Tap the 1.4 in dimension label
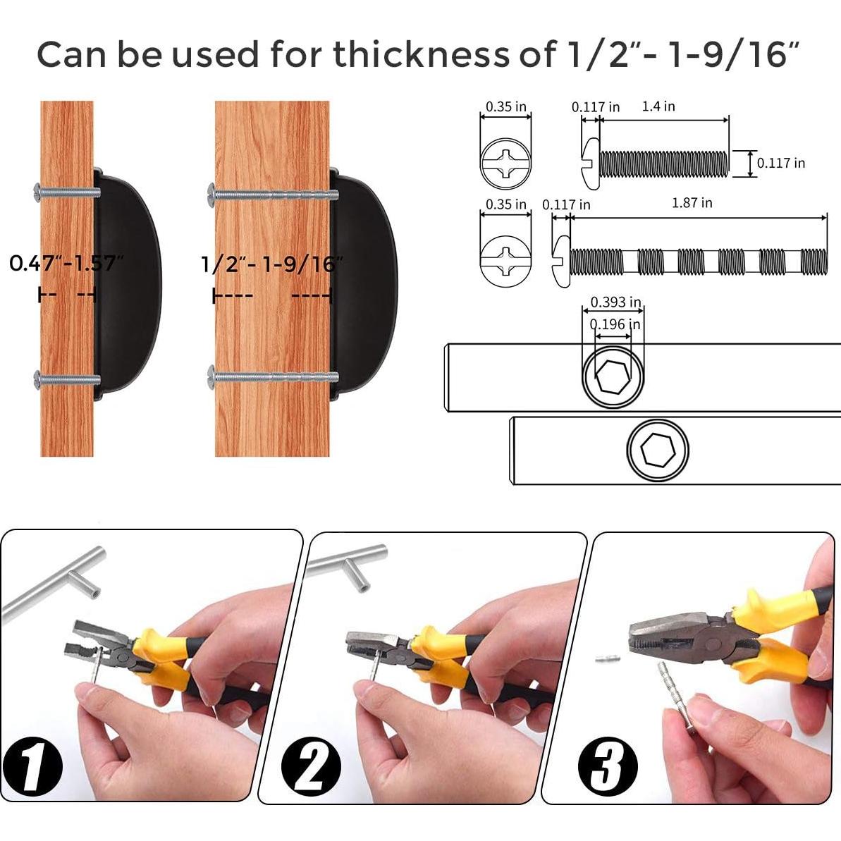tap(658, 106)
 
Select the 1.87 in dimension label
tap(692, 203)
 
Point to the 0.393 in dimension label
tap(615, 302)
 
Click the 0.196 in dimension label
tap(615, 324)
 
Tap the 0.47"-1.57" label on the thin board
tap(67, 264)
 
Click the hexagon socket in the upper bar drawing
tap(613, 376)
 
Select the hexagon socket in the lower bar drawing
tap(658, 449)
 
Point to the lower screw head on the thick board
tap(211, 378)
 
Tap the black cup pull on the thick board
tap(364, 284)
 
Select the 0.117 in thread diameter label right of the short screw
tap(781, 163)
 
